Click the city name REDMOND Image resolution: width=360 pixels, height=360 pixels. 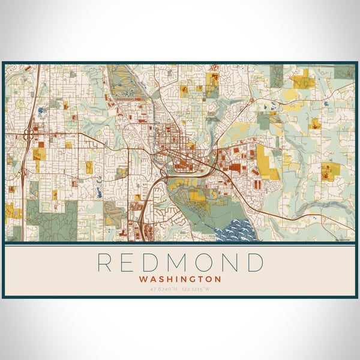click(180, 263)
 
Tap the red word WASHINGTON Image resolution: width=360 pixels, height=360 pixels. click(180, 279)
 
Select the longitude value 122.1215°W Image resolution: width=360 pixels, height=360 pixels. click(196, 290)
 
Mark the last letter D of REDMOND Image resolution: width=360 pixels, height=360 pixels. click(255, 263)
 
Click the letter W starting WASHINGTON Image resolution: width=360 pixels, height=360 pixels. click(142, 279)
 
